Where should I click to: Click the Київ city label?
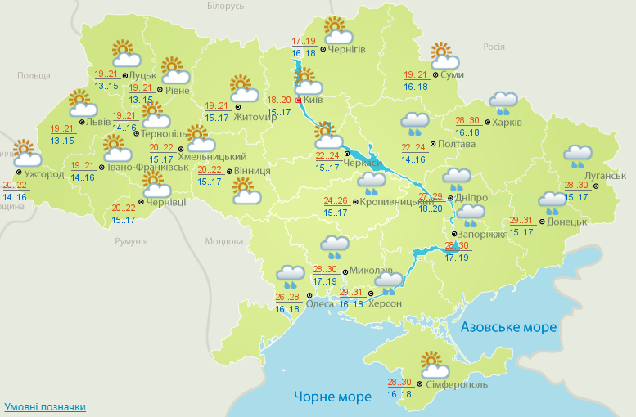click(x=313, y=100)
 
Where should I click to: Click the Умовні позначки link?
click(x=45, y=406)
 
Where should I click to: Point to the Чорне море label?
click(x=332, y=397)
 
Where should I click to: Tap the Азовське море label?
click(x=508, y=327)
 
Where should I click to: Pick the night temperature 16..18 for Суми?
click(x=415, y=86)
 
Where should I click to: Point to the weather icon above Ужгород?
click(x=25, y=153)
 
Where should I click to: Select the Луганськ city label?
click(x=607, y=175)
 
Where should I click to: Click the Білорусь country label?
click(x=225, y=6)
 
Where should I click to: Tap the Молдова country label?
click(x=223, y=242)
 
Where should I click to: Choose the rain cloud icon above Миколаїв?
click(x=335, y=246)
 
